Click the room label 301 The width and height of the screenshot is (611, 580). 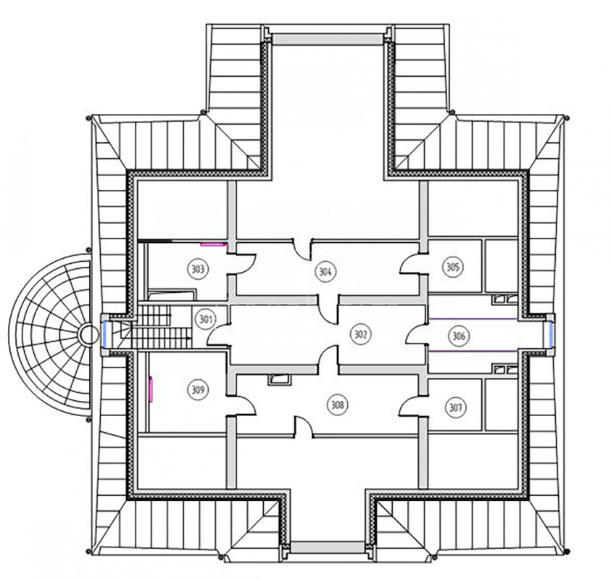[x=205, y=320]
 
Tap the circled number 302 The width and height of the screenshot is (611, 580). [x=361, y=334]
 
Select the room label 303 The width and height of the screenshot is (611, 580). [x=198, y=269]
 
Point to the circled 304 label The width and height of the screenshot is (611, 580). [x=325, y=271]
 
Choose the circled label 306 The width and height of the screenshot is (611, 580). [x=459, y=335]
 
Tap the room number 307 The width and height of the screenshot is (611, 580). [x=455, y=407]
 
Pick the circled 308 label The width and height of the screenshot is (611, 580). [x=338, y=405]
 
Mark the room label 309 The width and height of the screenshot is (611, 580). [x=198, y=389]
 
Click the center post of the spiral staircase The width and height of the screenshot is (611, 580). [x=89, y=335]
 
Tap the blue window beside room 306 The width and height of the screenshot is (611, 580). [x=550, y=335]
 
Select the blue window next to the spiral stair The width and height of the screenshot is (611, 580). [x=106, y=335]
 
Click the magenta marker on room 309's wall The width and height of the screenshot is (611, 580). [x=151, y=388]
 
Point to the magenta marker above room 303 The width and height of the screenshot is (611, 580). [x=214, y=244]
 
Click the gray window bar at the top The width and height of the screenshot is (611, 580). [x=327, y=39]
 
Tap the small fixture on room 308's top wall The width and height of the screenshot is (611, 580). [x=279, y=380]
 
